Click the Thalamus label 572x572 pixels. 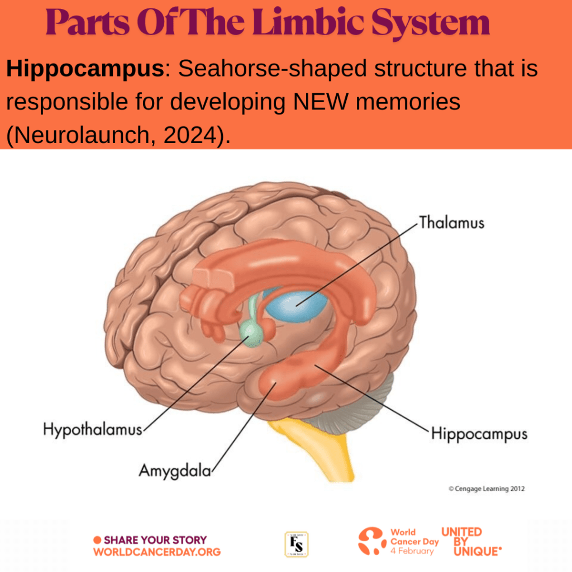(451, 222)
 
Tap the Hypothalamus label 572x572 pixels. (93, 430)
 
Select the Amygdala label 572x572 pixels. (175, 471)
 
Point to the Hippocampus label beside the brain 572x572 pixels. (479, 434)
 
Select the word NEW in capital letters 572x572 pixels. (321, 102)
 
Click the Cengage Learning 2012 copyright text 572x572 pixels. (487, 489)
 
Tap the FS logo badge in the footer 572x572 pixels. (297, 544)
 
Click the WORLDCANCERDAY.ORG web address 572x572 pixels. (157, 552)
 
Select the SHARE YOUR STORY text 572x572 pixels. (155, 540)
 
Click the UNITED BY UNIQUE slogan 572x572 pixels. (470, 542)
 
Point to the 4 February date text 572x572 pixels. (412, 551)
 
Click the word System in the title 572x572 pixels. (431, 22)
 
